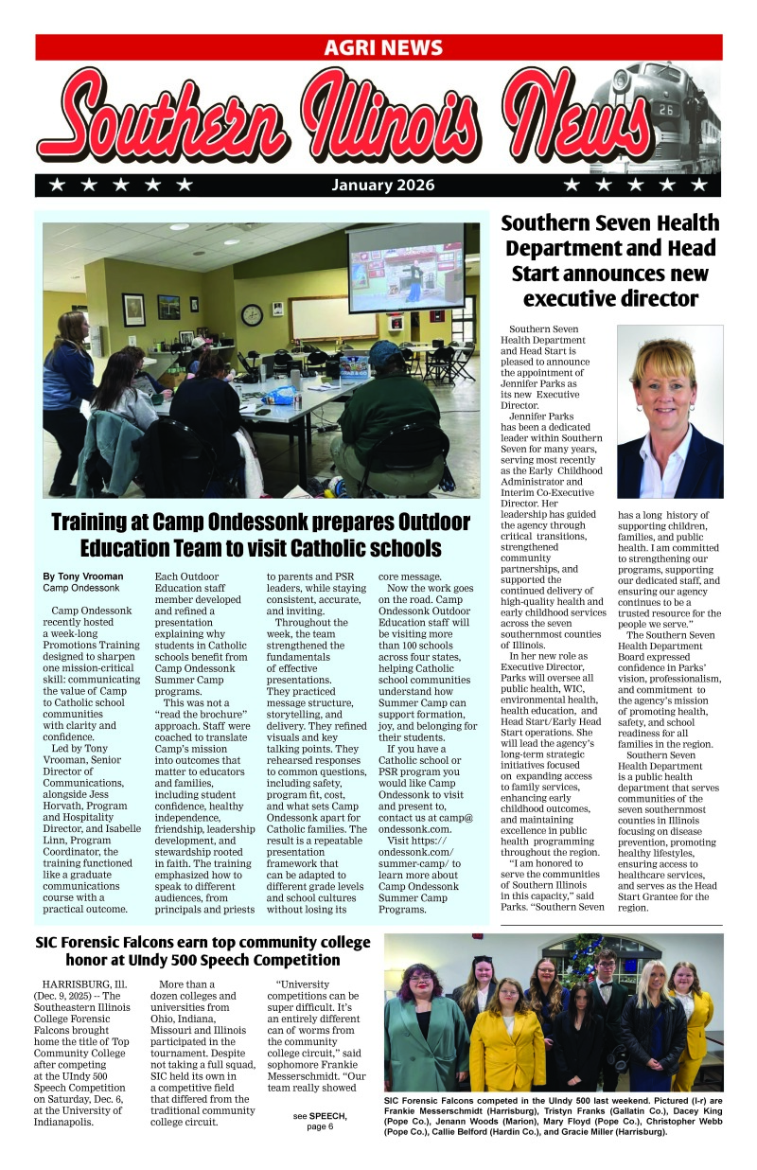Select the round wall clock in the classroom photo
[x=252, y=314]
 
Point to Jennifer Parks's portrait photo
[x=670, y=412]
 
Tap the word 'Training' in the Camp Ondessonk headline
[x=94, y=522]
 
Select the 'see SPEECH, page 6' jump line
[x=319, y=1121]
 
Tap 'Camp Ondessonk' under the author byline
[x=81, y=588]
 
